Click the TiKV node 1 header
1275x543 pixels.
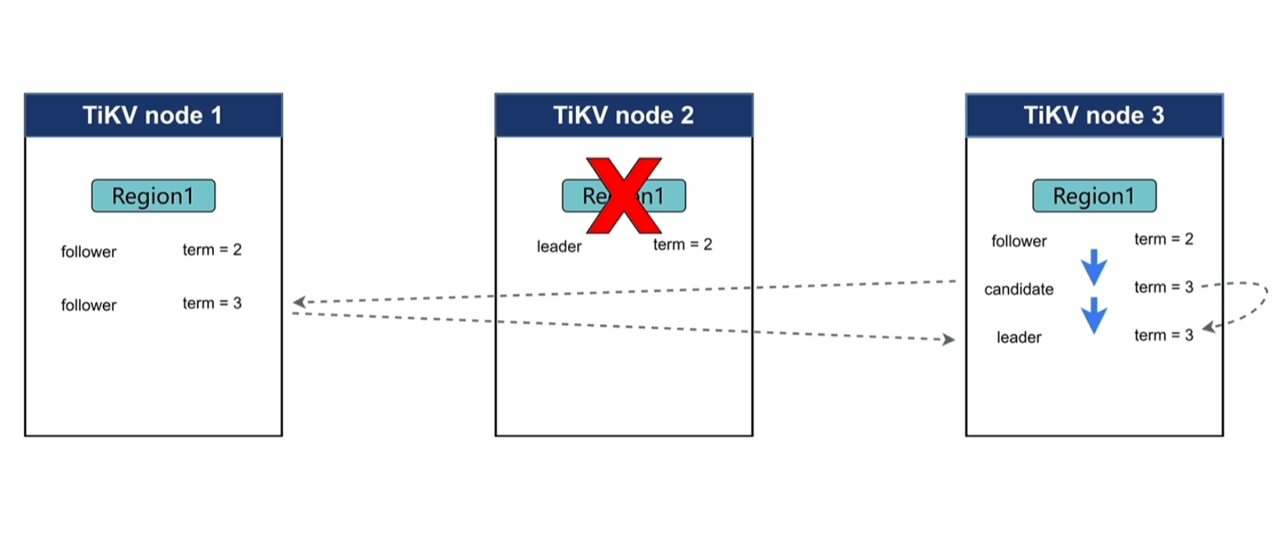(152, 116)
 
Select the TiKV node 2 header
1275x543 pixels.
(624, 116)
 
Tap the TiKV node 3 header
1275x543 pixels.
(1094, 116)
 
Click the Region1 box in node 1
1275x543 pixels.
(153, 196)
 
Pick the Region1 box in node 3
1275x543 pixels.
(1094, 196)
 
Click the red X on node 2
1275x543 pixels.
(625, 195)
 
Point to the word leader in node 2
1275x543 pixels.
(559, 246)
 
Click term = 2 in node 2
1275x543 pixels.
(683, 245)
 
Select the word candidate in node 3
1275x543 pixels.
(1019, 289)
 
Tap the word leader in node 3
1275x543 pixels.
(1019, 338)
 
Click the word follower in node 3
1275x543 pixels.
(1019, 241)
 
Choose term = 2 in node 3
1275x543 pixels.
(1164, 239)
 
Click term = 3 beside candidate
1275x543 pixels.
(1164, 288)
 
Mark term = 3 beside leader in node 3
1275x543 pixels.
(1164, 335)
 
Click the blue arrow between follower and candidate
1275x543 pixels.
(1094, 267)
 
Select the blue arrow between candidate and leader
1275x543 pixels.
(1094, 315)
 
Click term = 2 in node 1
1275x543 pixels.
(212, 250)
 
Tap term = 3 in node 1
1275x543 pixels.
(212, 304)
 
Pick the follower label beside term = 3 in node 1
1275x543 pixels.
(89, 306)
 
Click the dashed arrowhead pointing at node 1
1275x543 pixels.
(299, 302)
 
